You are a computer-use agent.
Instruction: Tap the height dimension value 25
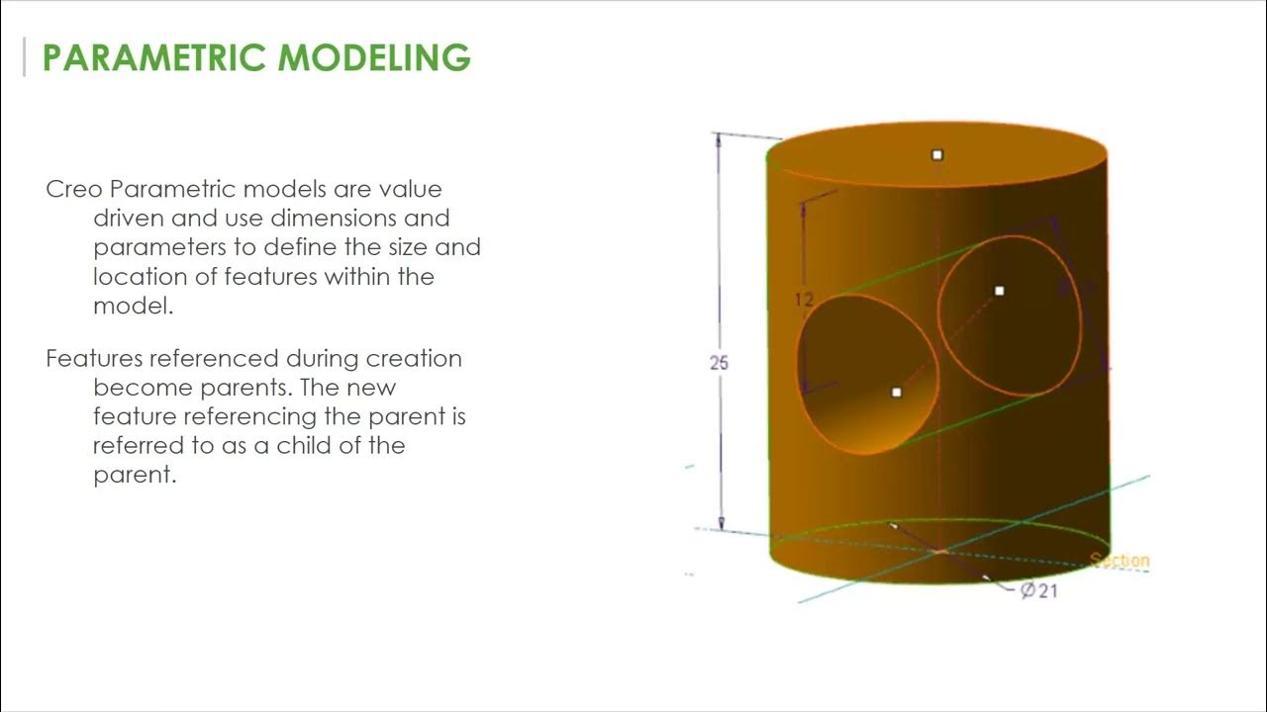pyautogui.click(x=719, y=363)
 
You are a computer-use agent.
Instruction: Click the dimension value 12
pyautogui.click(x=803, y=299)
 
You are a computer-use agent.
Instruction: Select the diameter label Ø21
pyautogui.click(x=1038, y=591)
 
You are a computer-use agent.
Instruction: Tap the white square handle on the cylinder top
pyautogui.click(x=937, y=154)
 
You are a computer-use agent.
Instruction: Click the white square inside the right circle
pyautogui.click(x=999, y=291)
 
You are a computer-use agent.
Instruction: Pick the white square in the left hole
pyautogui.click(x=897, y=393)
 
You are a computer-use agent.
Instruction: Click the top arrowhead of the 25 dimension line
pyautogui.click(x=721, y=139)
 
